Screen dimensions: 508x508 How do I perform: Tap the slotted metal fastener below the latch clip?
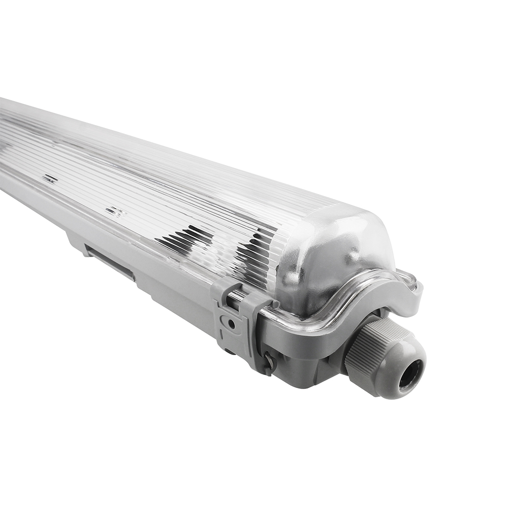click(x=268, y=362)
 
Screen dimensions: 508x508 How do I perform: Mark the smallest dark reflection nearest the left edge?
click(x=50, y=178)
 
